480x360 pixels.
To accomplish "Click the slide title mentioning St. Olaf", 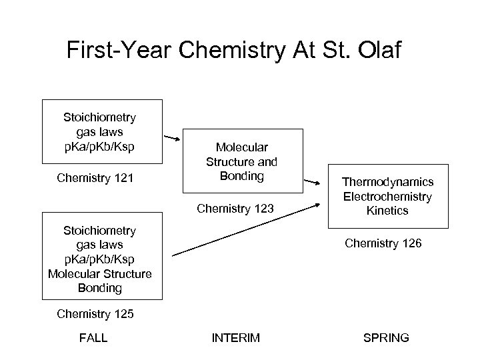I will click(234, 51).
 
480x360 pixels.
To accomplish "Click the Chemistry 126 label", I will click(383, 243).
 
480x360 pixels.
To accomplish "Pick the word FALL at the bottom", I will click(93, 339).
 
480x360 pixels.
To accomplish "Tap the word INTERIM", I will click(235, 339).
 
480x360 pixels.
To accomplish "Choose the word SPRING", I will click(387, 339).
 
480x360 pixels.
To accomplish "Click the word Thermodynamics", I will click(387, 182).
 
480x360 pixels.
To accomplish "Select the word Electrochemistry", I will click(387, 197).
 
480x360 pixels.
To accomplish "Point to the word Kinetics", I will click(387, 211).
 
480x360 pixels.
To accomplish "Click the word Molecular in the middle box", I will click(241, 147).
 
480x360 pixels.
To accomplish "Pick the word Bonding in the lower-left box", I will click(100, 288).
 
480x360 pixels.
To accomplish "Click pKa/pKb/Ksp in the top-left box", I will click(99, 146).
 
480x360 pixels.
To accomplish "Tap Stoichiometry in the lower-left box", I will click(99, 231).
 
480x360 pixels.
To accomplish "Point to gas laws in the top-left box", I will click(99, 132).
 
